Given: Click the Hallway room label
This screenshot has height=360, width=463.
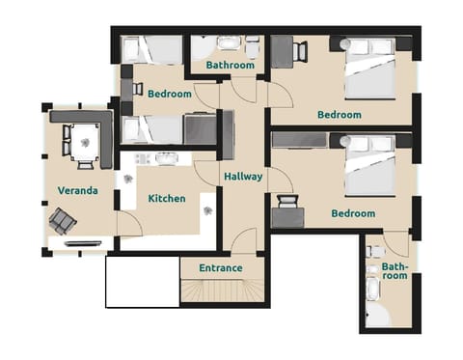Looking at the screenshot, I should pos(243,177).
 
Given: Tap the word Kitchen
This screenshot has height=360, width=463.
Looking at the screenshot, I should pos(167,199).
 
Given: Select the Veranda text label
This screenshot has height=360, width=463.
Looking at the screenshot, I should pos(77,190).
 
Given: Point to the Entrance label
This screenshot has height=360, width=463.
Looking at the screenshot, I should pos(220,267).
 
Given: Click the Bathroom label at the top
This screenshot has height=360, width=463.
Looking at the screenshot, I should pos(231,66).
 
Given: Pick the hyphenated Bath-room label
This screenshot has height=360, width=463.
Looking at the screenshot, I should pos(395,270).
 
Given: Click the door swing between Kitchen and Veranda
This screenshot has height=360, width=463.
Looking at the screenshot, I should pos(129,224).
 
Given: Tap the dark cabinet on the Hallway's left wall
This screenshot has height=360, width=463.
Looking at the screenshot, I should pos(229,135).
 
